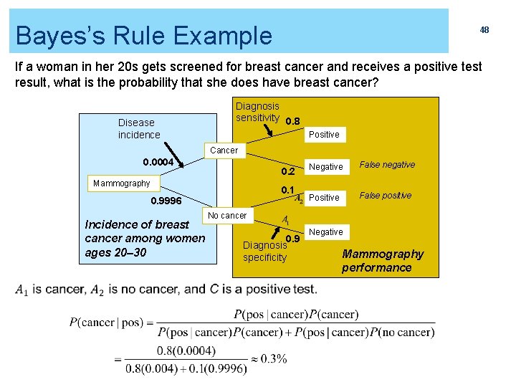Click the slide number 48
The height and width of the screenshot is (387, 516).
point(484,30)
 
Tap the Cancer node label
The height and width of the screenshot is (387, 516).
point(224,150)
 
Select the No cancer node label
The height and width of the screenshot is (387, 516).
point(226,215)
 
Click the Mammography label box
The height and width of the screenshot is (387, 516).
point(122,183)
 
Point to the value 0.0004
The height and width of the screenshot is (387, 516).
point(158,163)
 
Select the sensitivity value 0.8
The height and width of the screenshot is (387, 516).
point(292,121)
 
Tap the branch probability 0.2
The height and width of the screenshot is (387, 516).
point(287,172)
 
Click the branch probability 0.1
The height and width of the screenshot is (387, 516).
point(288,189)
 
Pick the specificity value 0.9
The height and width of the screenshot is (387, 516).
point(292,239)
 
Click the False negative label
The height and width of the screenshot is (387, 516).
point(387,165)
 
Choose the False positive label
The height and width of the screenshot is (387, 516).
point(386,196)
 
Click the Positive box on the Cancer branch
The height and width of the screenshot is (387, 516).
point(324,135)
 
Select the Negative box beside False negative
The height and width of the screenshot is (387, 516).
point(326,167)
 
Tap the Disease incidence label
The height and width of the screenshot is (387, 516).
point(139,129)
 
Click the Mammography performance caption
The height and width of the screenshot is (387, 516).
point(382,260)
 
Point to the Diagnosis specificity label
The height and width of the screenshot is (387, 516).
point(264,251)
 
